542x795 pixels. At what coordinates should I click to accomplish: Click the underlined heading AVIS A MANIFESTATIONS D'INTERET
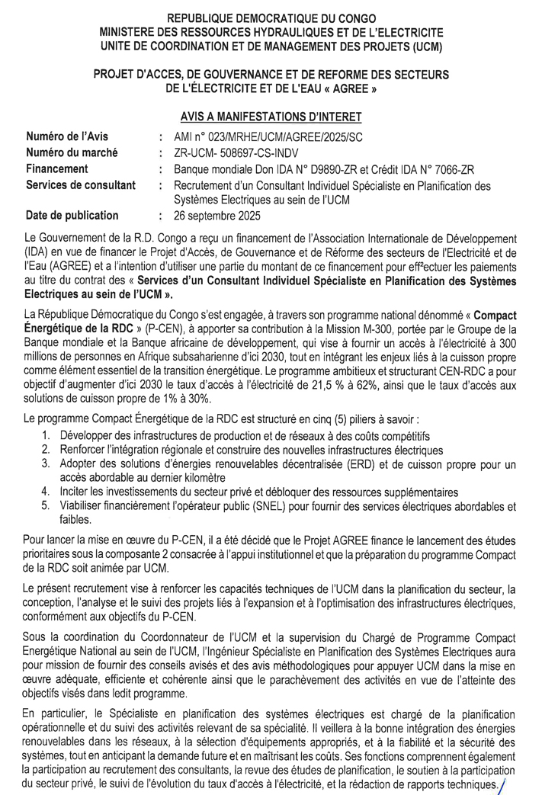click(271, 117)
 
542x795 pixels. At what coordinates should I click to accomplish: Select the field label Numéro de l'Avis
click(67, 137)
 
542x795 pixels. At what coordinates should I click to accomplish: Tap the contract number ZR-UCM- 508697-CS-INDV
click(237, 153)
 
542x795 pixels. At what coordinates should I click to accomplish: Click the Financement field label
click(57, 168)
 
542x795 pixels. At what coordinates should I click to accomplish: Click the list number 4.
click(46, 492)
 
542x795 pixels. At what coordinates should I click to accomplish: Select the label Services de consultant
click(81, 185)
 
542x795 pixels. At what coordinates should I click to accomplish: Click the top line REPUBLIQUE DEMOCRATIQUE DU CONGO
click(271, 18)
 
